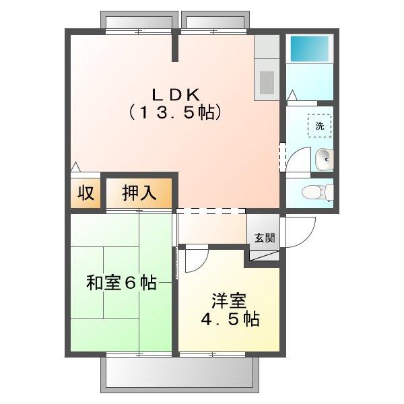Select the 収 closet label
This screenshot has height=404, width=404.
click(x=85, y=193)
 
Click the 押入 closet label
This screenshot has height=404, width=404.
click(x=139, y=193)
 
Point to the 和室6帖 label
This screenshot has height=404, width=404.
click(x=121, y=283)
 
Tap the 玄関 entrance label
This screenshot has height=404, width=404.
click(x=264, y=237)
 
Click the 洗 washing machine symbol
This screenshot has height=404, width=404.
click(x=320, y=125)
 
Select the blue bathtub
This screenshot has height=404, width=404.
click(x=308, y=49)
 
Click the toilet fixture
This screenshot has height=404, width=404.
click(x=316, y=192)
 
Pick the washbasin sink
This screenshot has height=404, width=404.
click(x=323, y=159)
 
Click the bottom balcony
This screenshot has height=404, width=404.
click(x=178, y=374)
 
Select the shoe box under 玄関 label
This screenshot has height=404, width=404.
click(x=264, y=255)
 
